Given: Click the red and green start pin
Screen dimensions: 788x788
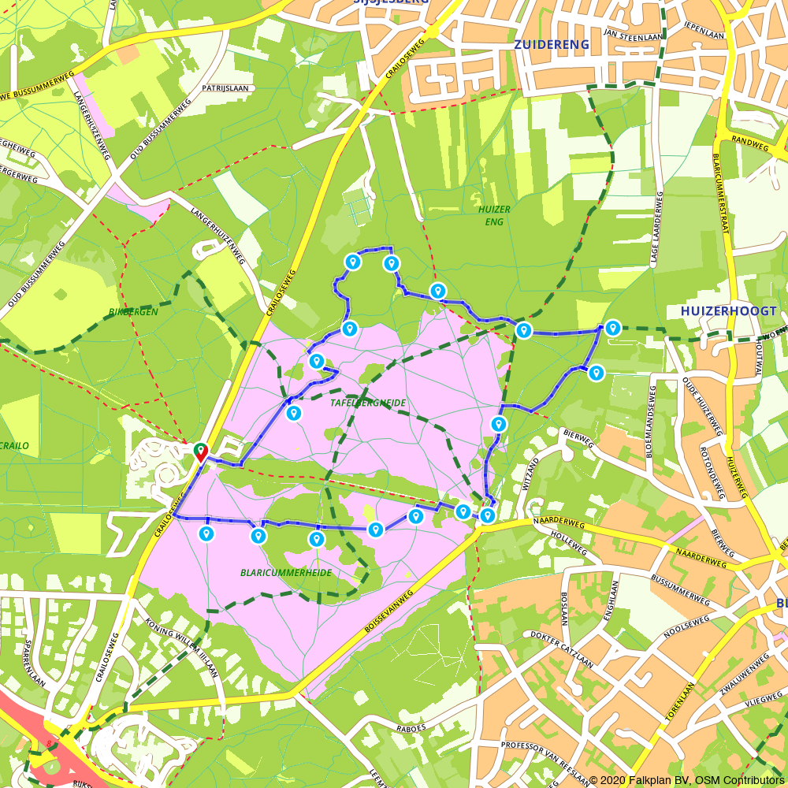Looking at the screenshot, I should click(200, 452).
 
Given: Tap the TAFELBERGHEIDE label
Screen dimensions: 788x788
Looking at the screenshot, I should click(368, 403).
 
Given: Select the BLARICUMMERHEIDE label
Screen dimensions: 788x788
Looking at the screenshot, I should click(286, 573).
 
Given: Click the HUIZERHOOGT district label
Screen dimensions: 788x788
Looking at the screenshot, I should click(728, 311).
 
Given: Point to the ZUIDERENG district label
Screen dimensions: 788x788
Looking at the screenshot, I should click(552, 45).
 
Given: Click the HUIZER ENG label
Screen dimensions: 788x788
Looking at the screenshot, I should click(494, 215).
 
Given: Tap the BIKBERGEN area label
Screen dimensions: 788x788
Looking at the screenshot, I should click(134, 312).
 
